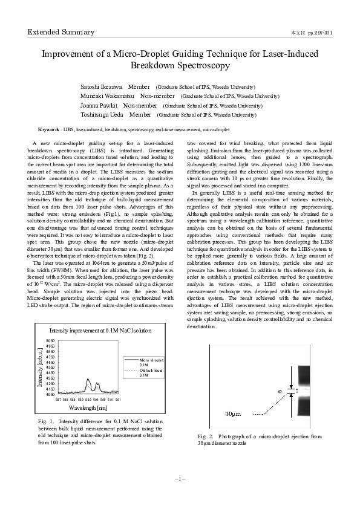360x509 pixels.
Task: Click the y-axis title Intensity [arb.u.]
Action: (x=41, y=369)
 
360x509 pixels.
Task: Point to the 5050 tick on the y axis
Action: (x=50, y=341)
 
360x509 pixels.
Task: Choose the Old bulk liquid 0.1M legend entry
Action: (x=151, y=372)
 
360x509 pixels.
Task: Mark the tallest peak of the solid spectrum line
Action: (x=88, y=380)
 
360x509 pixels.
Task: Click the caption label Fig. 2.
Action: (x=205, y=436)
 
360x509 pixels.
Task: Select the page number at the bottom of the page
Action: (x=180, y=478)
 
